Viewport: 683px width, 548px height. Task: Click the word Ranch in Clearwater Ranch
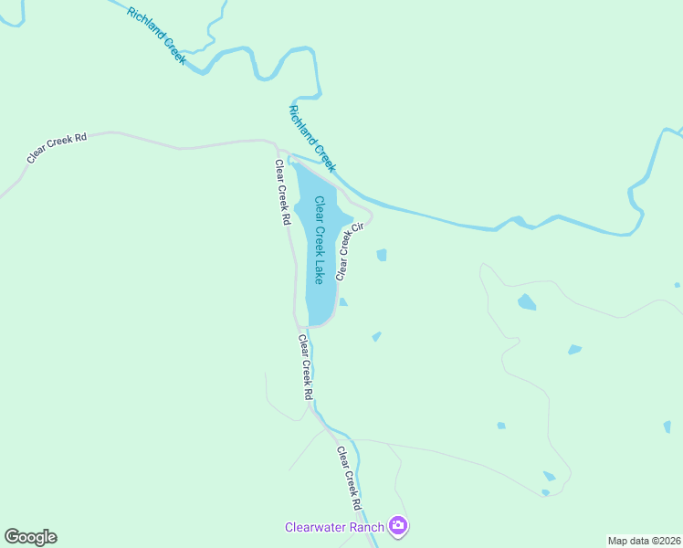[369, 526]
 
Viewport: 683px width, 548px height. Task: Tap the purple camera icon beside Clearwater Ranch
[398, 525]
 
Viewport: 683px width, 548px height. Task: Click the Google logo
[30, 537]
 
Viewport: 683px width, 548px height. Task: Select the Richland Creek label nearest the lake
[312, 139]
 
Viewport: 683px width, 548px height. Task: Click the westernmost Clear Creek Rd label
[57, 148]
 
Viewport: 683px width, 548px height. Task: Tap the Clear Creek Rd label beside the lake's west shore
[283, 193]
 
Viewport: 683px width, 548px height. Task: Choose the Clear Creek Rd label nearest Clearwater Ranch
[350, 479]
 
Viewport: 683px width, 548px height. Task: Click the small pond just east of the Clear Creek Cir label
[382, 255]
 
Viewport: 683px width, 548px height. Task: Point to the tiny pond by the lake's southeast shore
[342, 302]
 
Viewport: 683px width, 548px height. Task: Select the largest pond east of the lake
[527, 302]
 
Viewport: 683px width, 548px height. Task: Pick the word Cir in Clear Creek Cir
[358, 227]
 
